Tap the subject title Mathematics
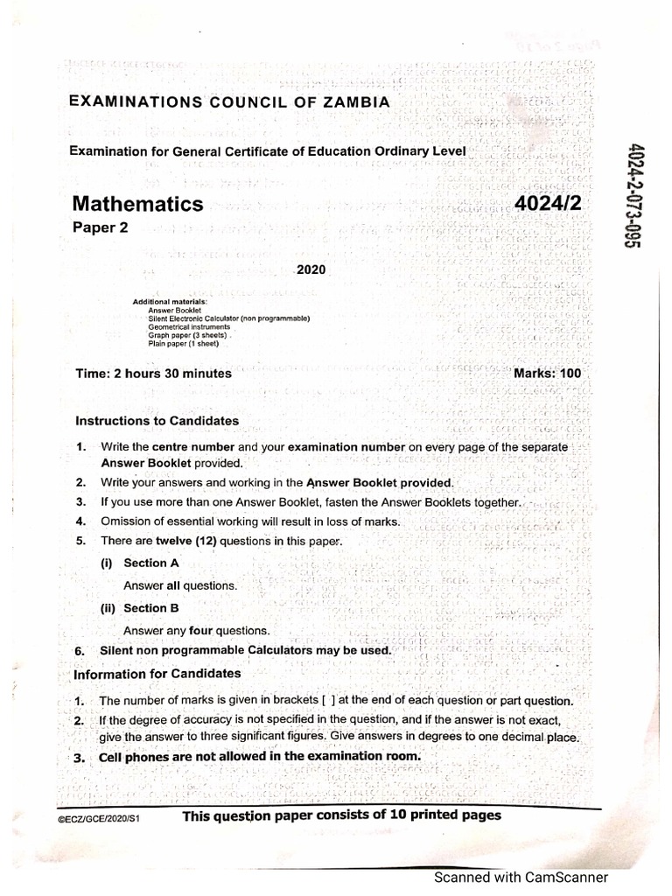[x=136, y=204]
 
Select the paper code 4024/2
[x=549, y=205]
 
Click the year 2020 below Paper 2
[x=311, y=270]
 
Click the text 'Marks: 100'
[x=547, y=374]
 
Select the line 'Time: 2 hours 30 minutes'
[x=154, y=374]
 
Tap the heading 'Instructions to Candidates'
[x=157, y=421]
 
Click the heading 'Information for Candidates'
[x=157, y=674]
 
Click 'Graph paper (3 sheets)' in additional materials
[x=188, y=335]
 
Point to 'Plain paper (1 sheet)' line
[x=183, y=343]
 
